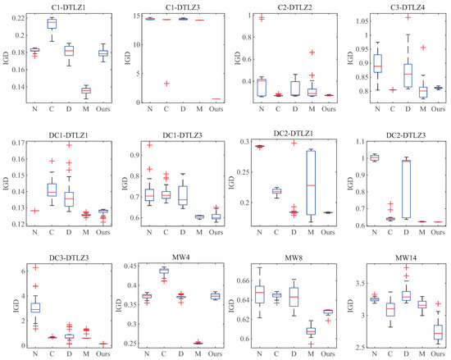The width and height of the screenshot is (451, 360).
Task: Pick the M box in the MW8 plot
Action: pos(309,330)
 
